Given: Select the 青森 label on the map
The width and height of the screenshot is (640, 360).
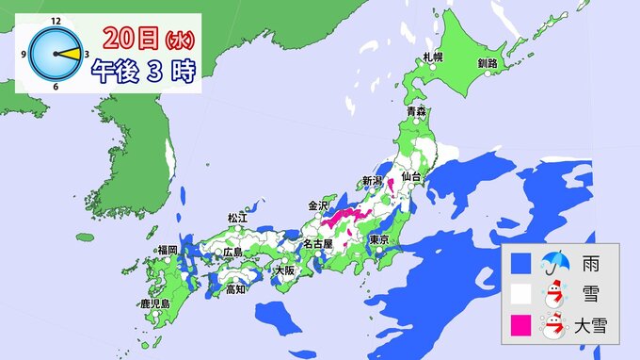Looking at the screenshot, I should [x=417, y=112].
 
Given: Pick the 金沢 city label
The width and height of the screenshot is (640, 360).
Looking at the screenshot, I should [x=318, y=205].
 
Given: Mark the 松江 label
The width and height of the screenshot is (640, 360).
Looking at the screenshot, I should [x=236, y=218].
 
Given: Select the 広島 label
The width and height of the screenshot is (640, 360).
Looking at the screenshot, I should [x=232, y=253].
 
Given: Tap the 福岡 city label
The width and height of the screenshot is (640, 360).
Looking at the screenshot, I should [x=168, y=250].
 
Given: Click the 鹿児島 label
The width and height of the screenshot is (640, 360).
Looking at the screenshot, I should [x=152, y=303].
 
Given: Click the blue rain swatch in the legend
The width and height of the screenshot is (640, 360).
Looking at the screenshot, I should [x=520, y=261].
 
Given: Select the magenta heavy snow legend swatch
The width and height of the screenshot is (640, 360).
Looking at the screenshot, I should [x=520, y=327].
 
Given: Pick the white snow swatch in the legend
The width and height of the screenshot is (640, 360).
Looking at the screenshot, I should [x=520, y=294].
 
